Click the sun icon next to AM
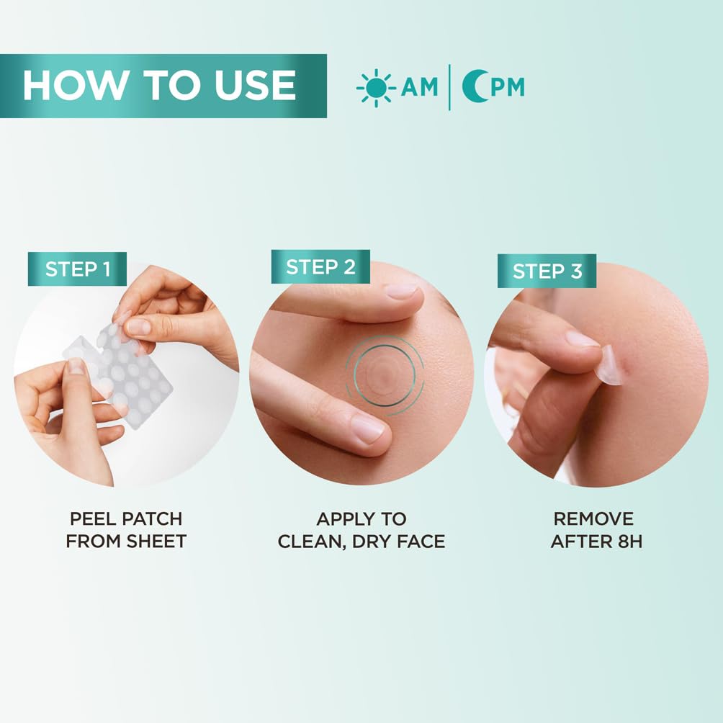(376, 88)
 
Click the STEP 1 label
(77, 269)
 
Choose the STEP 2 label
(320, 266)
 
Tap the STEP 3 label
(547, 271)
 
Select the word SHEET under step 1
(157, 542)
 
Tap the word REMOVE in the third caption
(593, 518)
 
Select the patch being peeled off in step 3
(611, 364)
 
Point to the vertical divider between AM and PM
(449, 87)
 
